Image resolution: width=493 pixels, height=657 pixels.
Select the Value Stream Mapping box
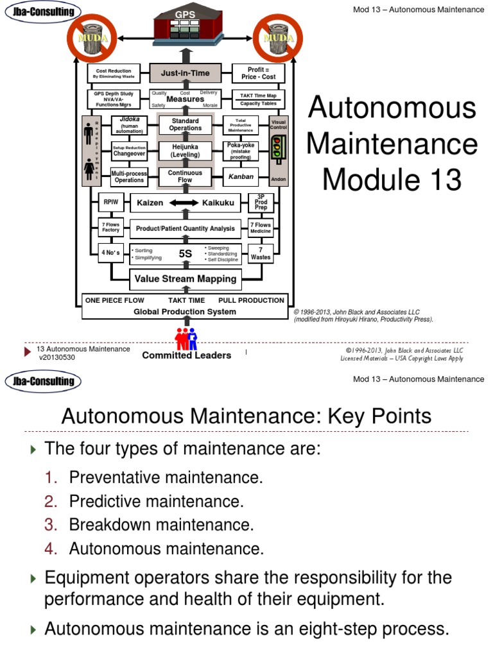pos(185,278)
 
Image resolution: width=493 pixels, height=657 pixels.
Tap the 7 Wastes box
pos(261,253)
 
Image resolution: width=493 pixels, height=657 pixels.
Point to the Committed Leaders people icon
pos(186,337)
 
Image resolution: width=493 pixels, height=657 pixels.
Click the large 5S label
pos(185,253)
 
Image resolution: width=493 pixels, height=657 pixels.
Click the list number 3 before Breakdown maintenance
pos(51,525)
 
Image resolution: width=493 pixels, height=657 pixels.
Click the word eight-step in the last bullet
pos(314,629)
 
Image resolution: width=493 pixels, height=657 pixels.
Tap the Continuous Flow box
pos(185,176)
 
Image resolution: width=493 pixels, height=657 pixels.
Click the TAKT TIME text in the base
pos(186,300)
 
